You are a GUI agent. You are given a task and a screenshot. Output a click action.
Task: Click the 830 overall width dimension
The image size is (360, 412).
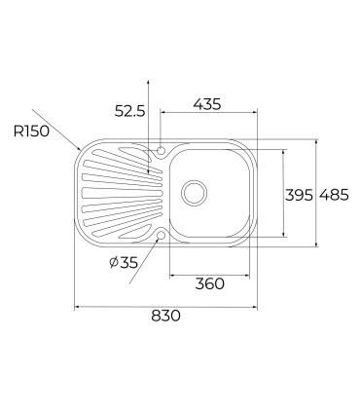165,316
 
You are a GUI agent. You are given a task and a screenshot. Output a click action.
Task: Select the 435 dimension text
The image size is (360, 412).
207,104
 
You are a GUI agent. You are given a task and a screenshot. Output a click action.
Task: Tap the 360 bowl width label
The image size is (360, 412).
210,284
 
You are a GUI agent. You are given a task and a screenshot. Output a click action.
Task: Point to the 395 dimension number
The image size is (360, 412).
299,195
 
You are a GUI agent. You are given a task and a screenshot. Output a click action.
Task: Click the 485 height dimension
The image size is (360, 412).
334,195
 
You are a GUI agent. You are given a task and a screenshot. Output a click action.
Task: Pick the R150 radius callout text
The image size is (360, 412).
31,131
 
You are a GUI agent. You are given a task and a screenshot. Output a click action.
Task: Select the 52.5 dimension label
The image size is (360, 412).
129,111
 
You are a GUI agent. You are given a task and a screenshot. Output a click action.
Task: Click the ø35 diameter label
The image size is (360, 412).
124,262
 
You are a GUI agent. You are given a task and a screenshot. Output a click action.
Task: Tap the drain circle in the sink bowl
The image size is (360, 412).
194,193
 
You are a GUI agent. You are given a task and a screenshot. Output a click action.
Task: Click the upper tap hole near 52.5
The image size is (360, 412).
161,150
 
